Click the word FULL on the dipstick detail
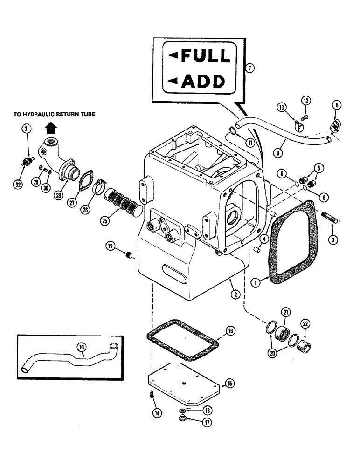pos(205,56)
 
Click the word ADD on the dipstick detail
pos(202,82)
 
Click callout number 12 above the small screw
pos(305,100)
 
